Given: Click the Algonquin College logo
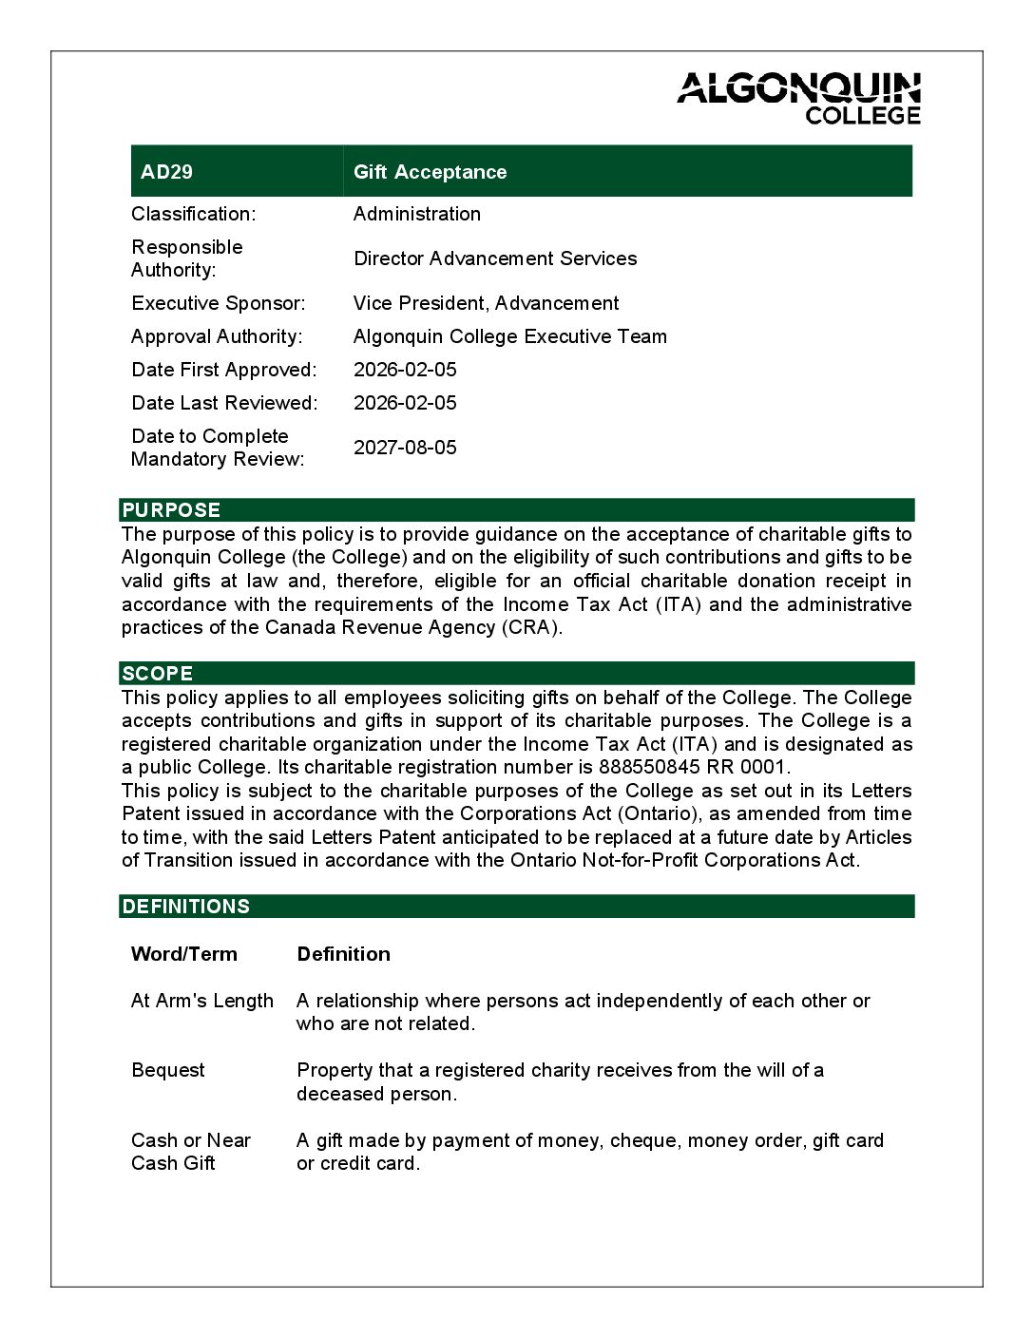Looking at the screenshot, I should tap(799, 98).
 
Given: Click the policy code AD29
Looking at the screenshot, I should tap(166, 172).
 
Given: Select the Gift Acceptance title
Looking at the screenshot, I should tap(430, 172).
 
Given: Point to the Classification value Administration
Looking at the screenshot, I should tap(416, 214).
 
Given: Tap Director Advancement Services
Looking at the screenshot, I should tap(494, 258).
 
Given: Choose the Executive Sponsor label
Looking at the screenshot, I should tap(219, 303).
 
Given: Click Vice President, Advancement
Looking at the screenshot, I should tap(486, 303).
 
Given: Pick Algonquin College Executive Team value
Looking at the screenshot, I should tap(509, 336).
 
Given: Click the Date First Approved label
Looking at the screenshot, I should tap(224, 370).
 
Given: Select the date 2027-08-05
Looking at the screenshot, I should tap(405, 448).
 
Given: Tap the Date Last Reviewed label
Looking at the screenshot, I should tap(224, 403).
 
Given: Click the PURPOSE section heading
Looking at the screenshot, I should tap(171, 510).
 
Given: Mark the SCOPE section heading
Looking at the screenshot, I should tap(158, 674).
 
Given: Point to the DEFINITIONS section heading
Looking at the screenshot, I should tap(186, 907).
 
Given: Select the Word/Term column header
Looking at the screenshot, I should tap(184, 954).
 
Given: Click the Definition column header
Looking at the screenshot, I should tap(343, 954).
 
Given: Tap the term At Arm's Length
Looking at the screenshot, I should tap(202, 1001).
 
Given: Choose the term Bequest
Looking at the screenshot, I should tap(168, 1070).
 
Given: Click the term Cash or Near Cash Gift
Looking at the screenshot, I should tap(190, 1152).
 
